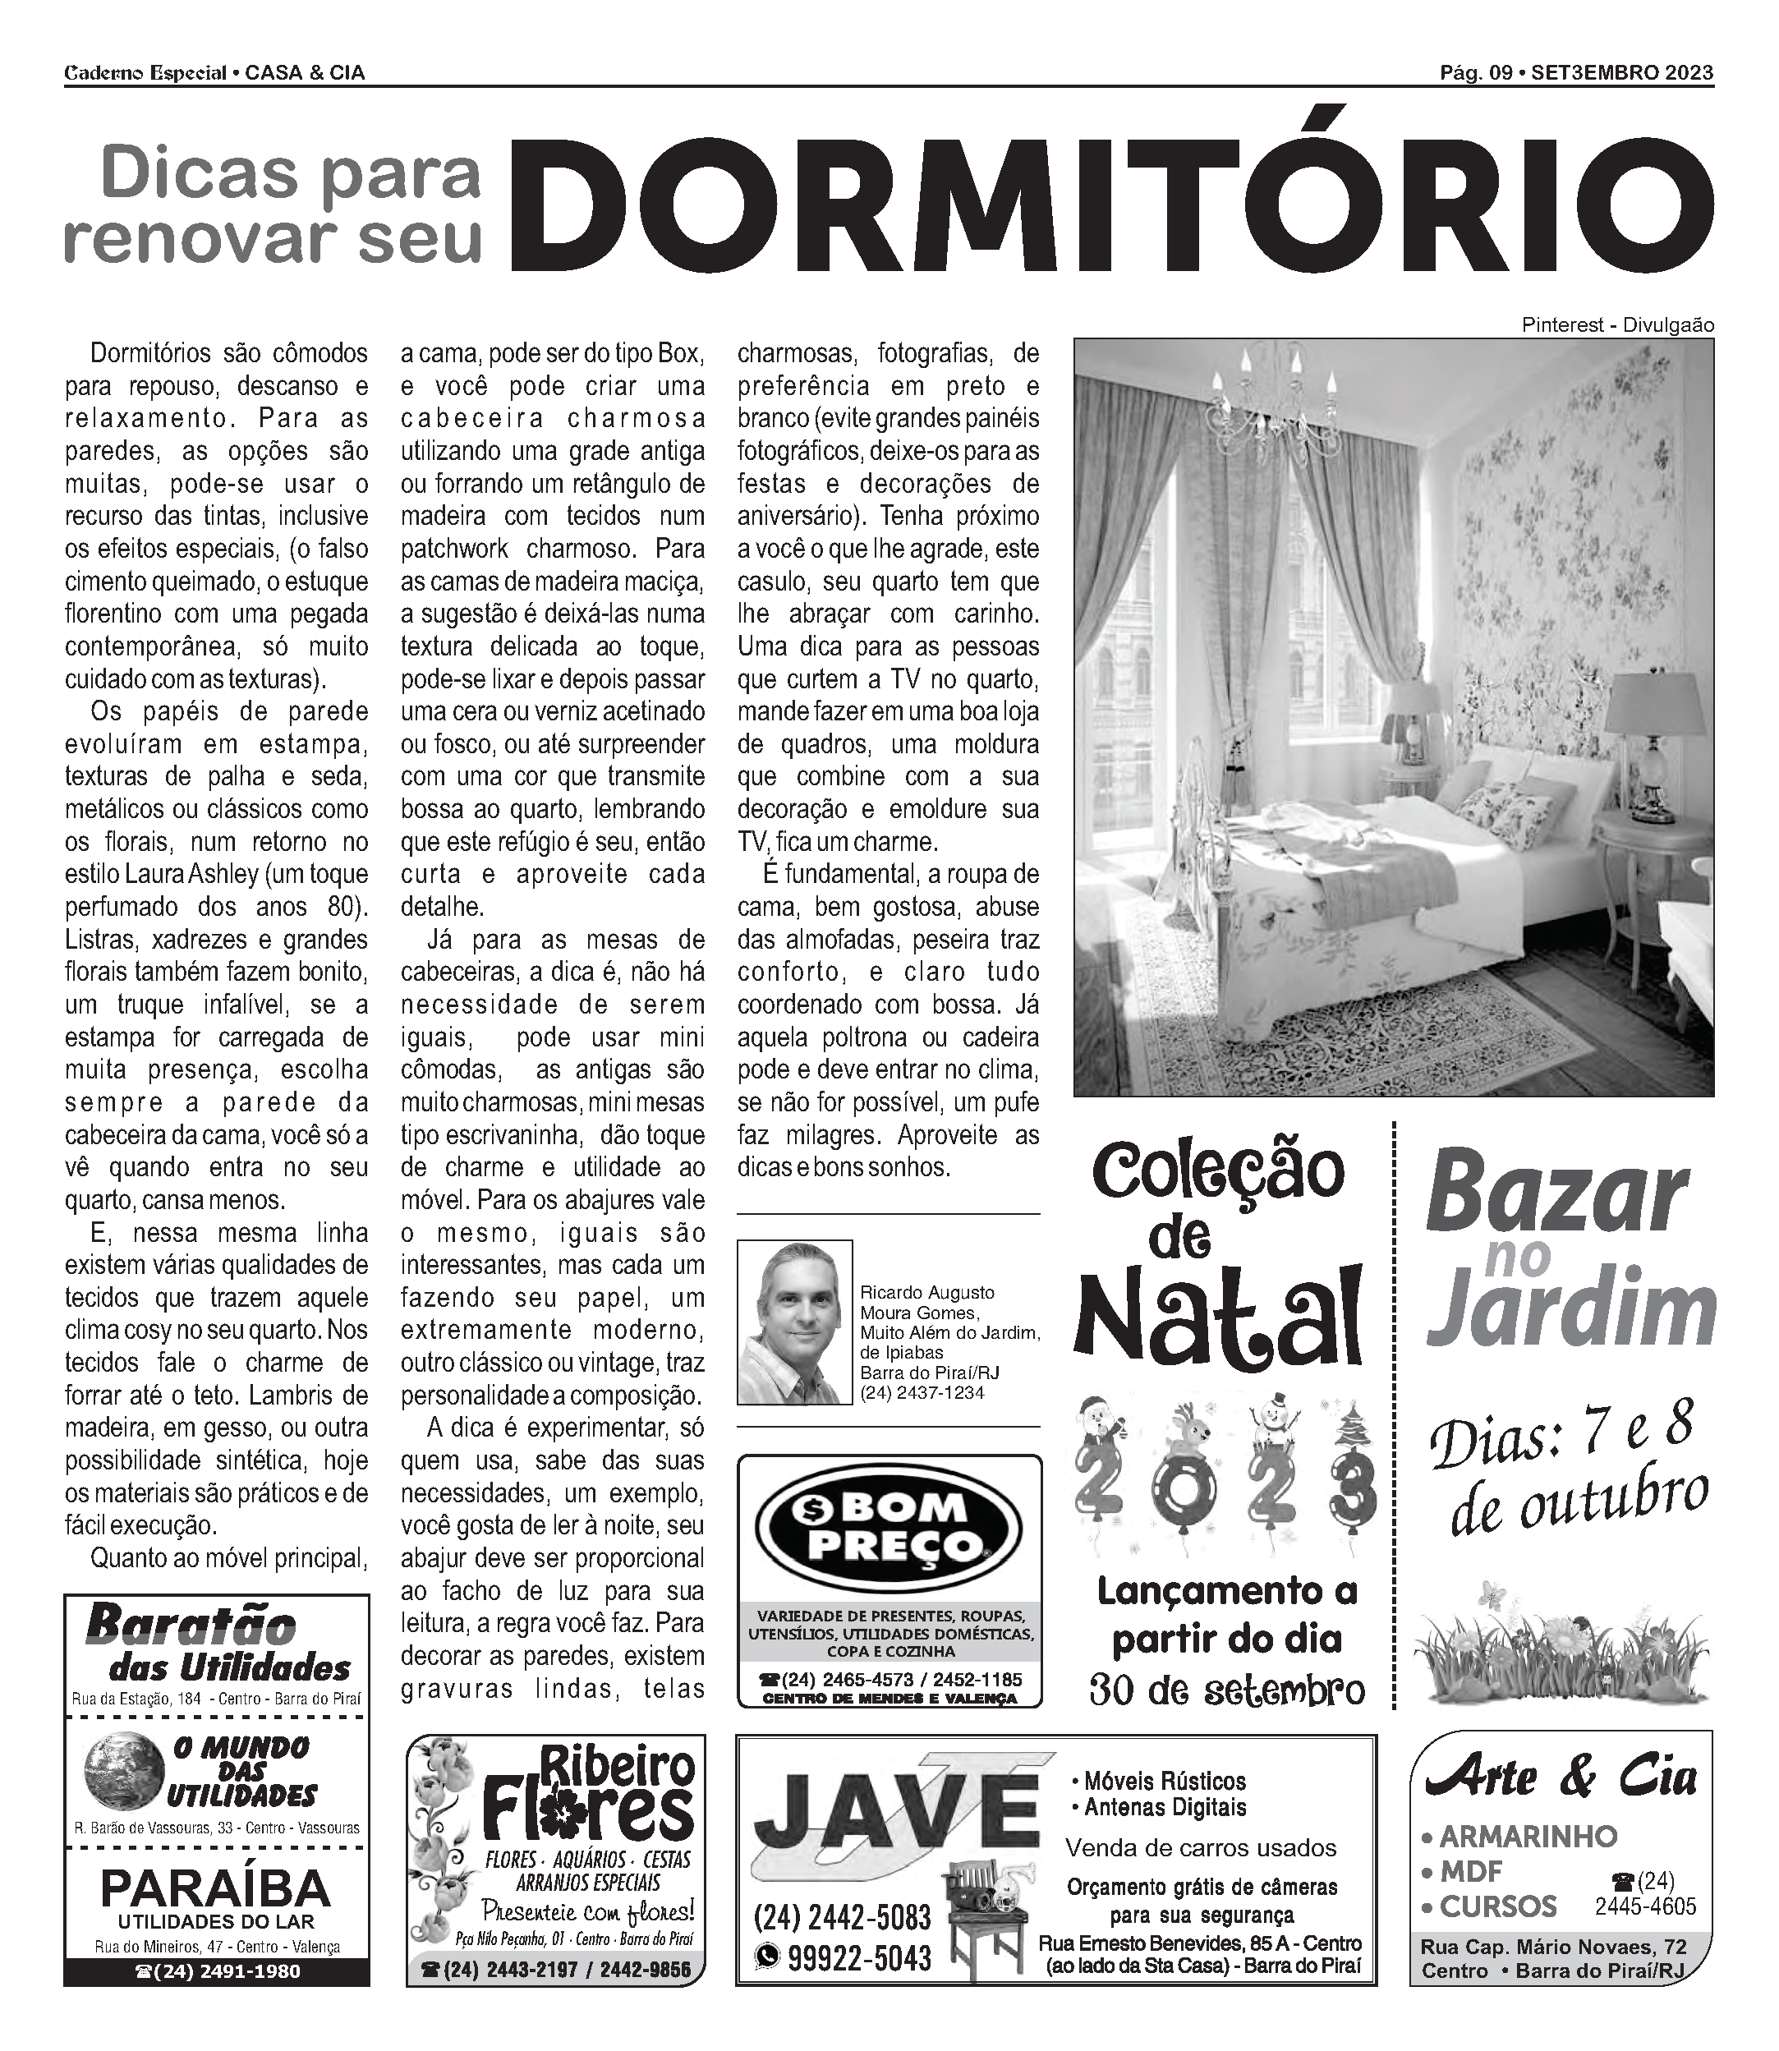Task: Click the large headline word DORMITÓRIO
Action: (1112, 204)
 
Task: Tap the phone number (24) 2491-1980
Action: (216, 1971)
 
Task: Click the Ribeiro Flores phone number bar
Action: (556, 1970)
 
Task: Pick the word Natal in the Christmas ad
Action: (1218, 1317)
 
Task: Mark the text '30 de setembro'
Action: (1227, 1689)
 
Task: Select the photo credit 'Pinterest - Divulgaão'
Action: (1616, 324)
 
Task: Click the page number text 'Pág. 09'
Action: (1475, 72)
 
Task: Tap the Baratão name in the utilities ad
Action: (191, 1626)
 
